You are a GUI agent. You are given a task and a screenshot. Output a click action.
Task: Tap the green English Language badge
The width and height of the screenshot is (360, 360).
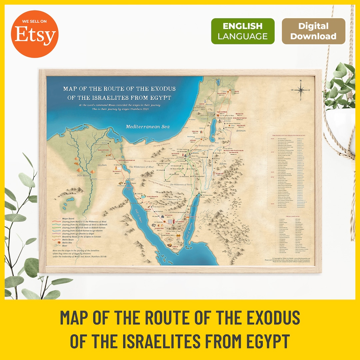coord(243,31)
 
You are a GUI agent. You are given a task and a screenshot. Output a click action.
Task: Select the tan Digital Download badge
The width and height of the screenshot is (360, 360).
coord(313,31)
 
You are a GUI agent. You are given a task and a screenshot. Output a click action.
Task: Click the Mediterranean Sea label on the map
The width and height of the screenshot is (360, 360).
coord(148,127)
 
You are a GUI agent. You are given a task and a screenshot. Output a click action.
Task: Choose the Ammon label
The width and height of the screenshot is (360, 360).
coord(240,131)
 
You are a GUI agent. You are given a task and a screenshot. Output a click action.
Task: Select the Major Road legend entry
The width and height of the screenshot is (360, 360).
coord(69,219)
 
